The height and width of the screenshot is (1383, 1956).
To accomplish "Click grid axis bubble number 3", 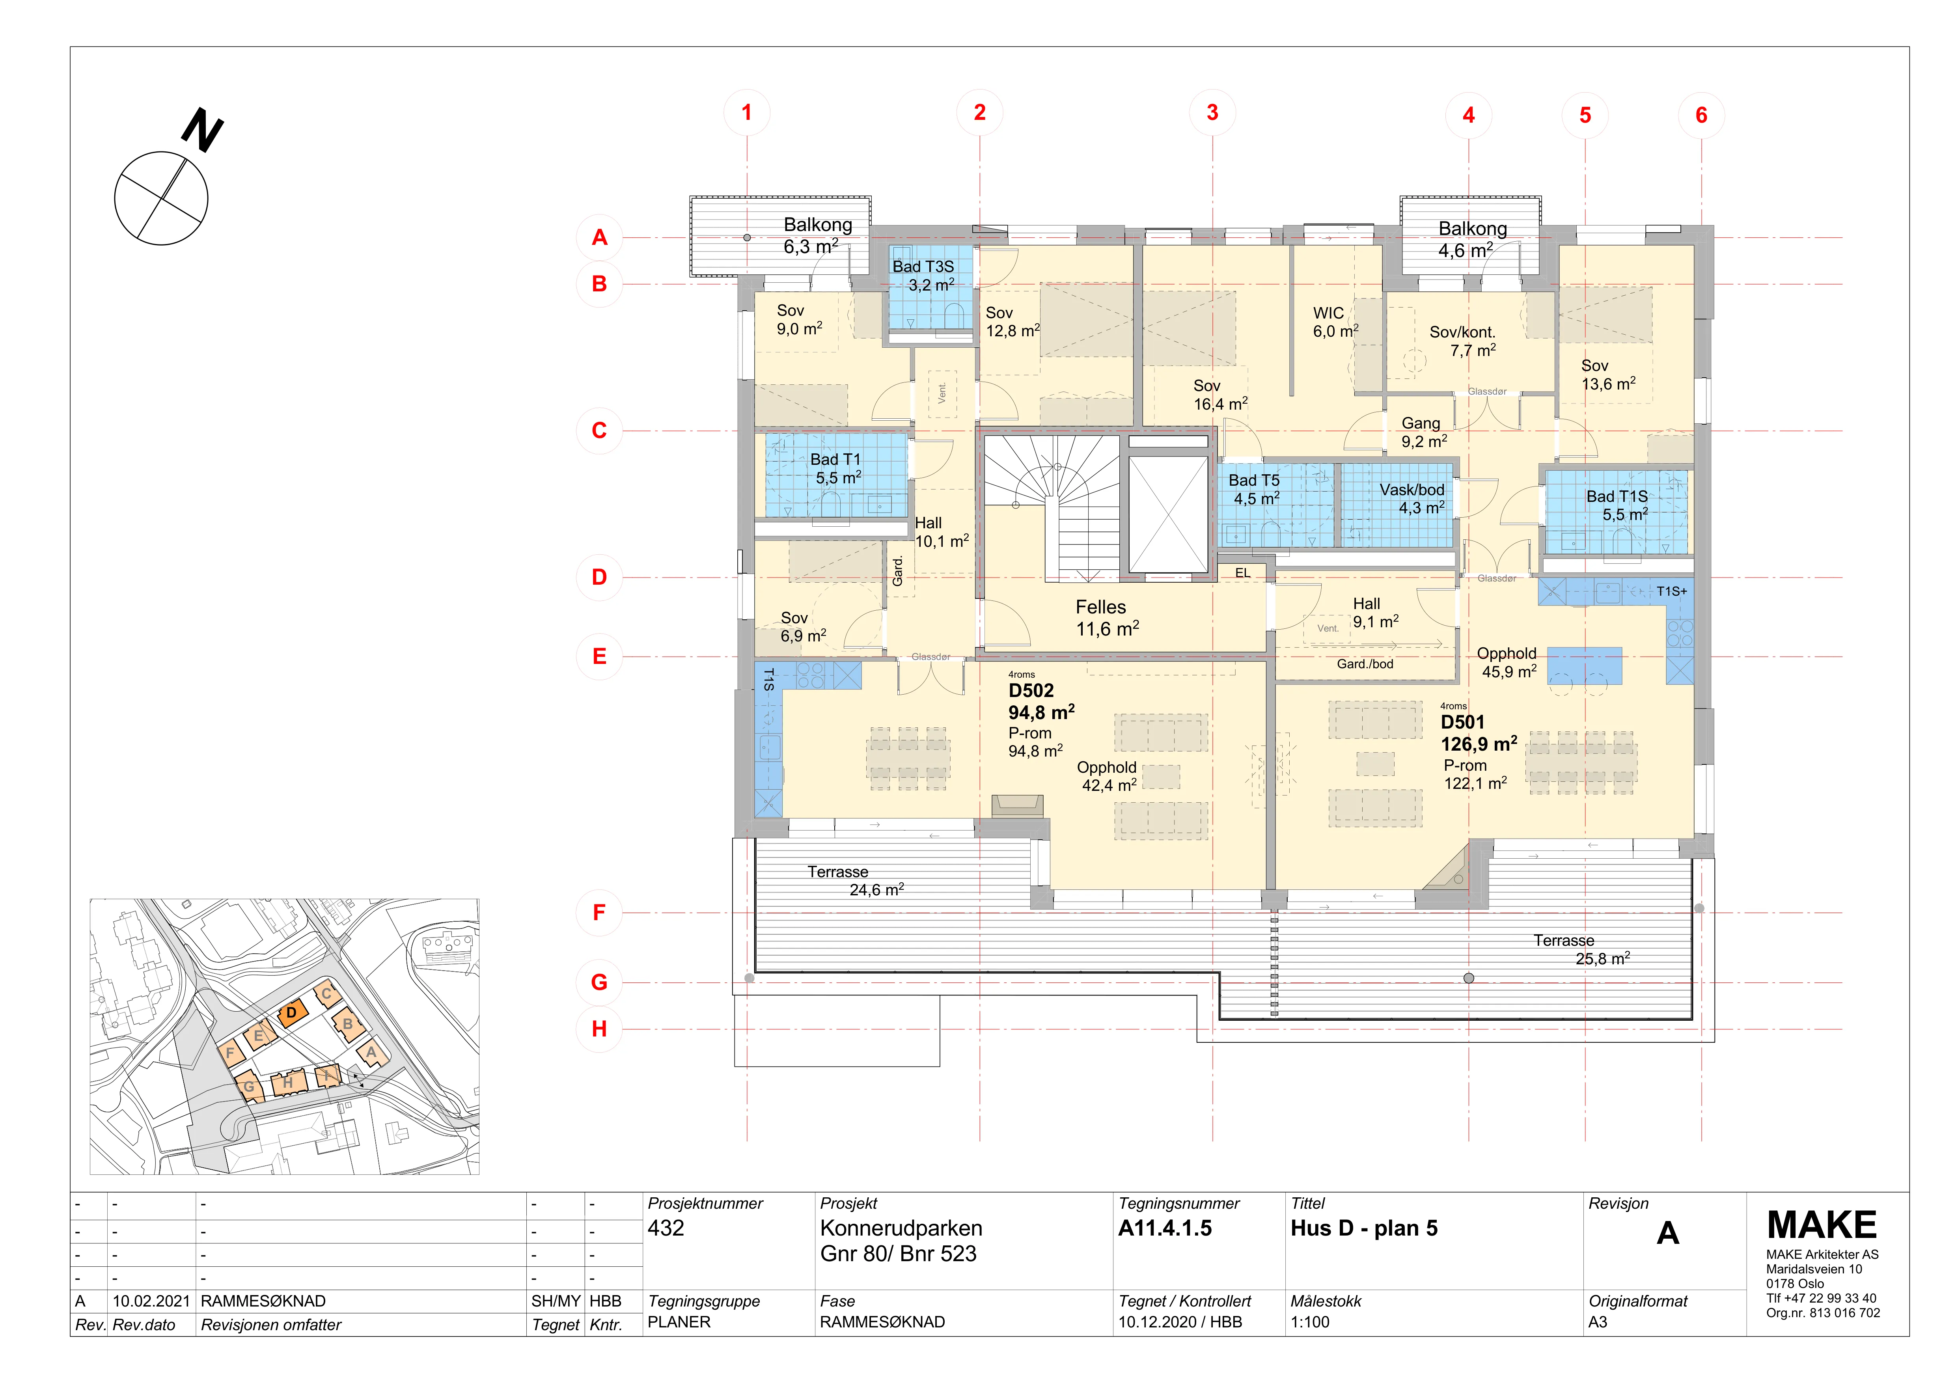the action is (x=1212, y=112).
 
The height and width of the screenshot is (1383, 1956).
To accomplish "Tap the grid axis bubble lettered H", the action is (x=600, y=1029).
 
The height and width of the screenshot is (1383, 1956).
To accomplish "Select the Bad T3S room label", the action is (x=923, y=267).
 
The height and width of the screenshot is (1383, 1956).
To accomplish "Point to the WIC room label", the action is (x=1328, y=313).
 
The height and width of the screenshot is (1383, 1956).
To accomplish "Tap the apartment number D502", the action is (x=1031, y=691).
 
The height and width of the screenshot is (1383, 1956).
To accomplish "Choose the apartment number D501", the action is (x=1463, y=722).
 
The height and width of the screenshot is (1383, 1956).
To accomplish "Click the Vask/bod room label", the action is (x=1412, y=490).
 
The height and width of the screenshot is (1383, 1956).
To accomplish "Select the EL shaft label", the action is (x=1243, y=573).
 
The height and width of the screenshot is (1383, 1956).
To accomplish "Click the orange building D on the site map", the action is (x=292, y=1014).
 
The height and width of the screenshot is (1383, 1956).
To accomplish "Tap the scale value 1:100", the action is (x=1310, y=1323).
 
